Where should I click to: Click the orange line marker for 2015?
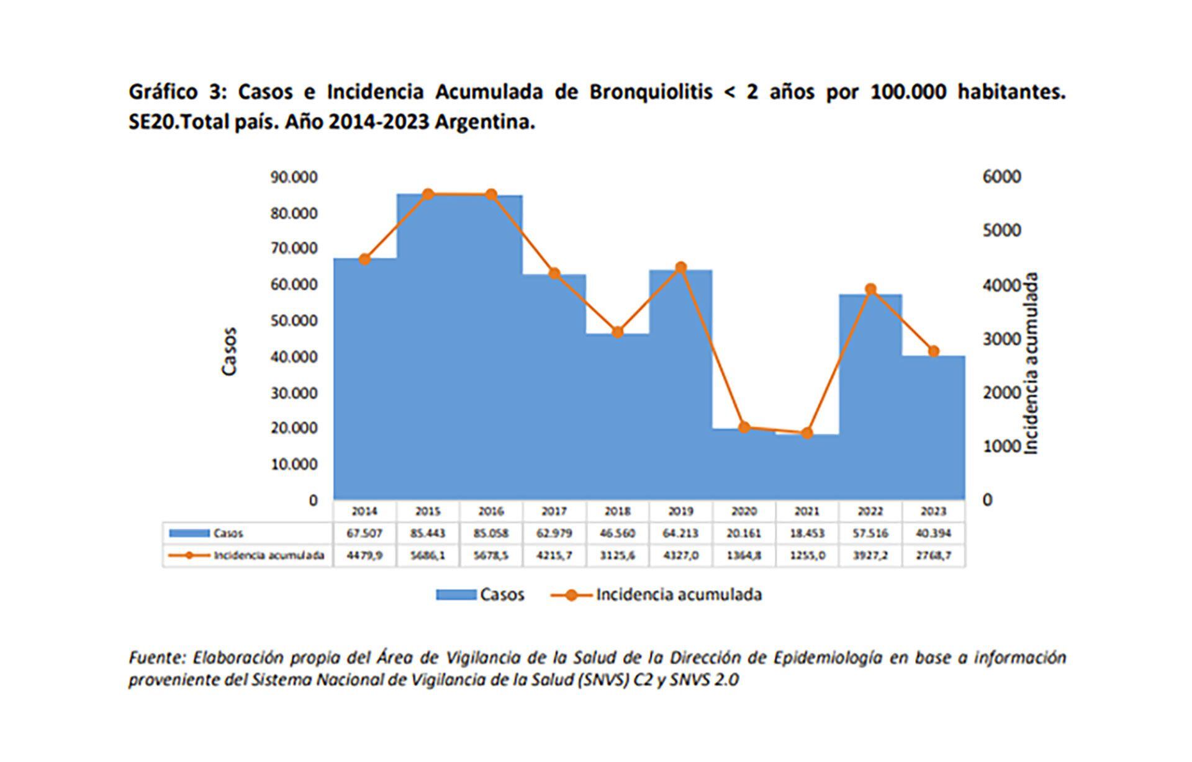[x=428, y=195]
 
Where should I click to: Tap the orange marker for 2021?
[x=806, y=433]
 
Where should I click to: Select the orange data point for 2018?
[x=617, y=332]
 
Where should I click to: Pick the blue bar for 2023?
[x=933, y=428]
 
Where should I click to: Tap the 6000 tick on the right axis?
[x=1001, y=177]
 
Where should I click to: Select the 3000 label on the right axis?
[x=1001, y=339]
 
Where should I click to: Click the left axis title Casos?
[x=229, y=351]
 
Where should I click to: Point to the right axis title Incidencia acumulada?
[x=1031, y=364]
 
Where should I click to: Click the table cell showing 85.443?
[x=428, y=533]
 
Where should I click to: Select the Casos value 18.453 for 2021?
[x=806, y=533]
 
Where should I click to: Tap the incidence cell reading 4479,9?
[x=364, y=555]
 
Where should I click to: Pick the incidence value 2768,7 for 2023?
[x=933, y=555]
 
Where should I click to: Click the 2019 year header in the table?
[x=680, y=511]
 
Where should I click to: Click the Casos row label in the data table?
[x=228, y=533]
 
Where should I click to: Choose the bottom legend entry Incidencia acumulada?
[x=678, y=594]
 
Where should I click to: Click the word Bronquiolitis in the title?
[x=650, y=92]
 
